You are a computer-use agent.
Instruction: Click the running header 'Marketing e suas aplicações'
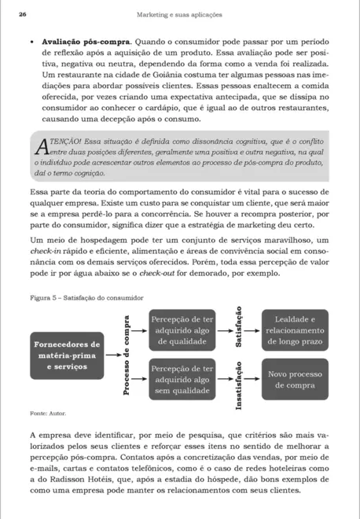point(179,14)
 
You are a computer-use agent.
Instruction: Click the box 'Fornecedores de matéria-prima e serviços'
point(66,355)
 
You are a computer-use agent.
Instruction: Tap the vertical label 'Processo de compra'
point(126,355)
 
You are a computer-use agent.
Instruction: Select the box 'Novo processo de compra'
point(291,380)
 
